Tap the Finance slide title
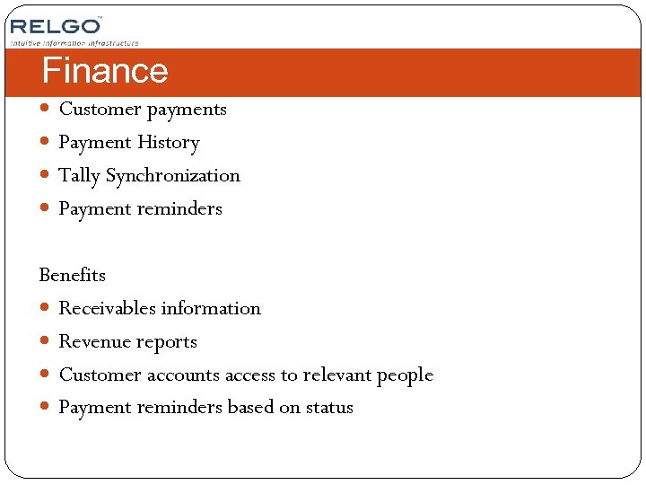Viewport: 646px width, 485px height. click(x=105, y=71)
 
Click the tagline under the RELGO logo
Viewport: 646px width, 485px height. click(x=74, y=42)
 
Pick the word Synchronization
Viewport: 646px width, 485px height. click(x=173, y=176)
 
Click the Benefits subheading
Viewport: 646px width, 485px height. click(x=73, y=275)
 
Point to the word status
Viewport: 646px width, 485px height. click(x=329, y=408)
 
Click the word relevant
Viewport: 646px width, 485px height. click(x=336, y=375)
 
